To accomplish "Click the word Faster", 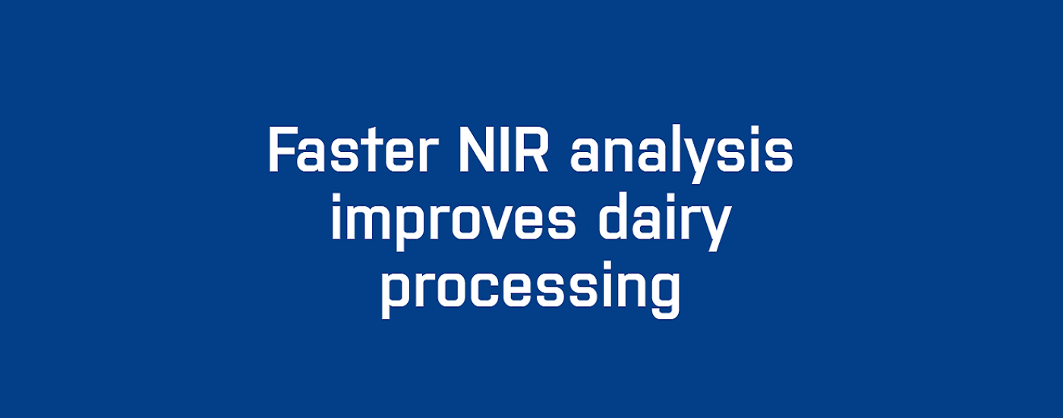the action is [x=352, y=149].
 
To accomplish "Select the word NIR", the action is [x=503, y=149].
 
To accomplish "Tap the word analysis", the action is [x=682, y=154].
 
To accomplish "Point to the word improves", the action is [x=454, y=221].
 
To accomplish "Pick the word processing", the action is [x=531, y=290].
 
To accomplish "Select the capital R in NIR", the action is [x=533, y=149].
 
